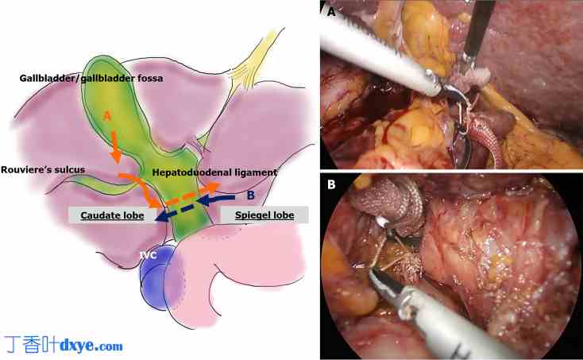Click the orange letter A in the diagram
click(x=106, y=116)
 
